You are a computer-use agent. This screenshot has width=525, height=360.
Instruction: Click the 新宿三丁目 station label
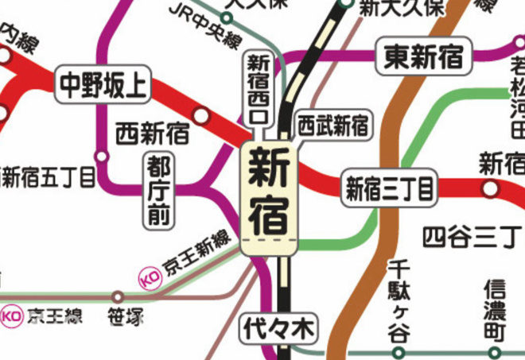tap(389, 190)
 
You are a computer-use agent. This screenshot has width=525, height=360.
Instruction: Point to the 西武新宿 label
tap(332, 125)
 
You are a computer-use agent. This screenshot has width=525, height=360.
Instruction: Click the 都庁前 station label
tap(159, 192)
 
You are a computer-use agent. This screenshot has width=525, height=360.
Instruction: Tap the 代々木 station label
tap(278, 327)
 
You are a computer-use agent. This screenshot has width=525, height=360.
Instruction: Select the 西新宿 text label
tap(152, 133)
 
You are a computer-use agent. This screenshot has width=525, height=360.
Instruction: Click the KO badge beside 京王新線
tap(150, 277)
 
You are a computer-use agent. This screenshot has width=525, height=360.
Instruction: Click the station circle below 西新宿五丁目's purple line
tap(100, 156)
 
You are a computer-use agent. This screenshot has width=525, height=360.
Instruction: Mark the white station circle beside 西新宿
tap(202, 117)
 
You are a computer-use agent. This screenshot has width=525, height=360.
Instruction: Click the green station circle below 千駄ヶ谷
tap(399, 352)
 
